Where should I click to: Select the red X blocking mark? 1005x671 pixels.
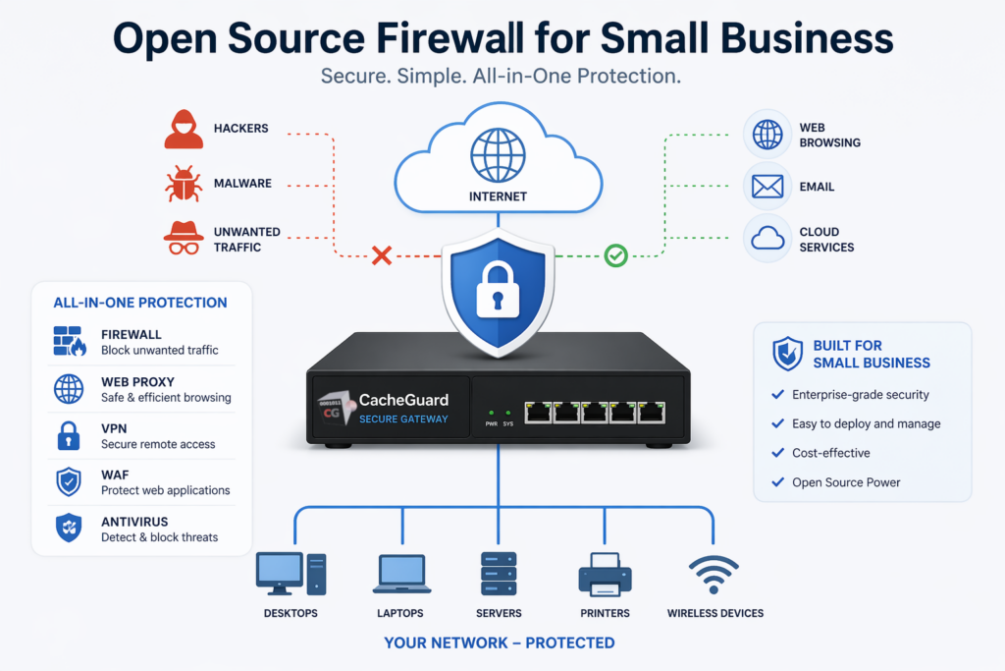coord(382,256)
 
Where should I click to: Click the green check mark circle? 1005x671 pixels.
coord(615,256)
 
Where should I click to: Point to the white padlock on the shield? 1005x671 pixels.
coord(497,292)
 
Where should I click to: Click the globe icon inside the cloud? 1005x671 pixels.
coord(498,154)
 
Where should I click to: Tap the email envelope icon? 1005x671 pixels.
coord(767,186)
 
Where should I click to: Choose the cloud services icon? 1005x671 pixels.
coord(767,239)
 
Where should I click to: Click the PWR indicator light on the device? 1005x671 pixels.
coord(492,412)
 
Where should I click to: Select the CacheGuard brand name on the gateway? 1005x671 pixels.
coord(403,400)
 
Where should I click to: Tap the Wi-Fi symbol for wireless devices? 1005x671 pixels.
coord(714,574)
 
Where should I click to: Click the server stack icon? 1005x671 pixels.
coord(498,573)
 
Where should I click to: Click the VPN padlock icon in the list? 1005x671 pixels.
coord(68,435)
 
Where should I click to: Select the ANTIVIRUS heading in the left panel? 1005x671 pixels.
coord(134,521)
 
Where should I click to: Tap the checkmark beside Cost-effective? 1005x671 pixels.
coord(777,453)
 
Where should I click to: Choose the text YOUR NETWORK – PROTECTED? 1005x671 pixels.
coord(501,643)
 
